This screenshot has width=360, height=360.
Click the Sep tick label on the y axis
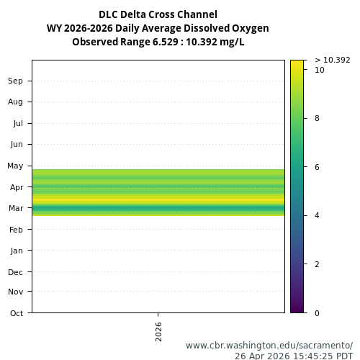coord(16,81)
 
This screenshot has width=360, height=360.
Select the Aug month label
coord(15,102)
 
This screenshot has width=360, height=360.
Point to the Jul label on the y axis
coord(17,123)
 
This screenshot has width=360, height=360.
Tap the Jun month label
coord(16,145)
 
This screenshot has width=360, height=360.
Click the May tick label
coord(15,166)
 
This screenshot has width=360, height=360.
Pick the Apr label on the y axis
coord(16,187)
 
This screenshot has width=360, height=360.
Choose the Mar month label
coord(15,209)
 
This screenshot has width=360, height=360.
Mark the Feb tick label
coord(16,230)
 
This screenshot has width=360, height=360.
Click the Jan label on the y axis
coord(16,251)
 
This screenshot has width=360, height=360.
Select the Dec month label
coord(16,272)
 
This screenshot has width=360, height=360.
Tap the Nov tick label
coord(16,292)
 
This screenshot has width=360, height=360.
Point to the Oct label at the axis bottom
coord(16,313)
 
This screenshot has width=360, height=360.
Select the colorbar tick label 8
coord(318,118)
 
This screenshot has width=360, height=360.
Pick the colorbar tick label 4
coord(318,215)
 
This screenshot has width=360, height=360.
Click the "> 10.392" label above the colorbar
coord(333,60)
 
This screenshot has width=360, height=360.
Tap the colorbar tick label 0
coord(318,313)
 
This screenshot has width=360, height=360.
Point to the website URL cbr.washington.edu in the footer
coord(269,346)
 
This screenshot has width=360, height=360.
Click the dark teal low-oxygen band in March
coord(158,209)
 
